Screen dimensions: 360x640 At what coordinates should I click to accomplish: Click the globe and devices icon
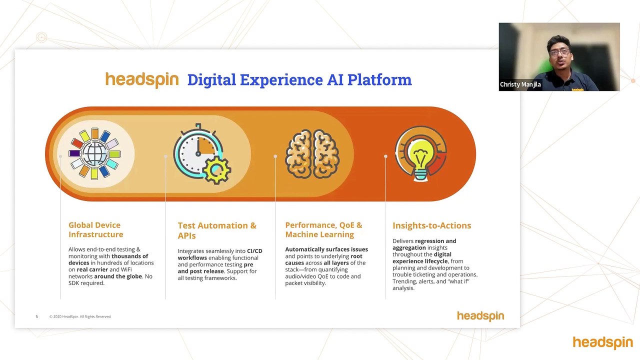tap(95, 153)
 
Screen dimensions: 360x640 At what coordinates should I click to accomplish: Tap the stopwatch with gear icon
tap(202, 154)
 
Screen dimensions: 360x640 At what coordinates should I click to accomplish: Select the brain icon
tap(312, 154)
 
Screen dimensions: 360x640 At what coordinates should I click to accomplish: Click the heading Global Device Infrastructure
tap(95, 229)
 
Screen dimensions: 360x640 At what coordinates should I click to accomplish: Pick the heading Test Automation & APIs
tap(217, 230)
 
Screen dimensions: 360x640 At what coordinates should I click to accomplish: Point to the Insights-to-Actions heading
tap(431, 225)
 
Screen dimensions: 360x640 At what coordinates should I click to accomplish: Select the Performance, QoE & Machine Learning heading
tap(323, 229)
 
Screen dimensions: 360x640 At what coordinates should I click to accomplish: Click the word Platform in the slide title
tap(379, 79)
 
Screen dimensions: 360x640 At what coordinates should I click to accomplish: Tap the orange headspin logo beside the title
tap(142, 79)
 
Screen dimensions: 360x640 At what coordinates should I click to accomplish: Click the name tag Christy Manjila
tap(520, 84)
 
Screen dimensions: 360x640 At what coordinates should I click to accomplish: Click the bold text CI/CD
tap(254, 251)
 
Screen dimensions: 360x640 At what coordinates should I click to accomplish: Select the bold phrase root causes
tap(323, 259)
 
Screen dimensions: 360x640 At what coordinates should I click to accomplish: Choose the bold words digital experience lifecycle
tap(421, 257)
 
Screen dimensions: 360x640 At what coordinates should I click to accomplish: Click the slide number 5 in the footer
tap(36, 316)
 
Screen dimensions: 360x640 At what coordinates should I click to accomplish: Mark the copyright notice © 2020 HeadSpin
tap(80, 316)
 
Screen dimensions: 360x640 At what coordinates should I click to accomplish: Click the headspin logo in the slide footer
tap(480, 316)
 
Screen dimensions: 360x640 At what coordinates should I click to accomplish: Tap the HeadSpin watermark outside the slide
tap(602, 342)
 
